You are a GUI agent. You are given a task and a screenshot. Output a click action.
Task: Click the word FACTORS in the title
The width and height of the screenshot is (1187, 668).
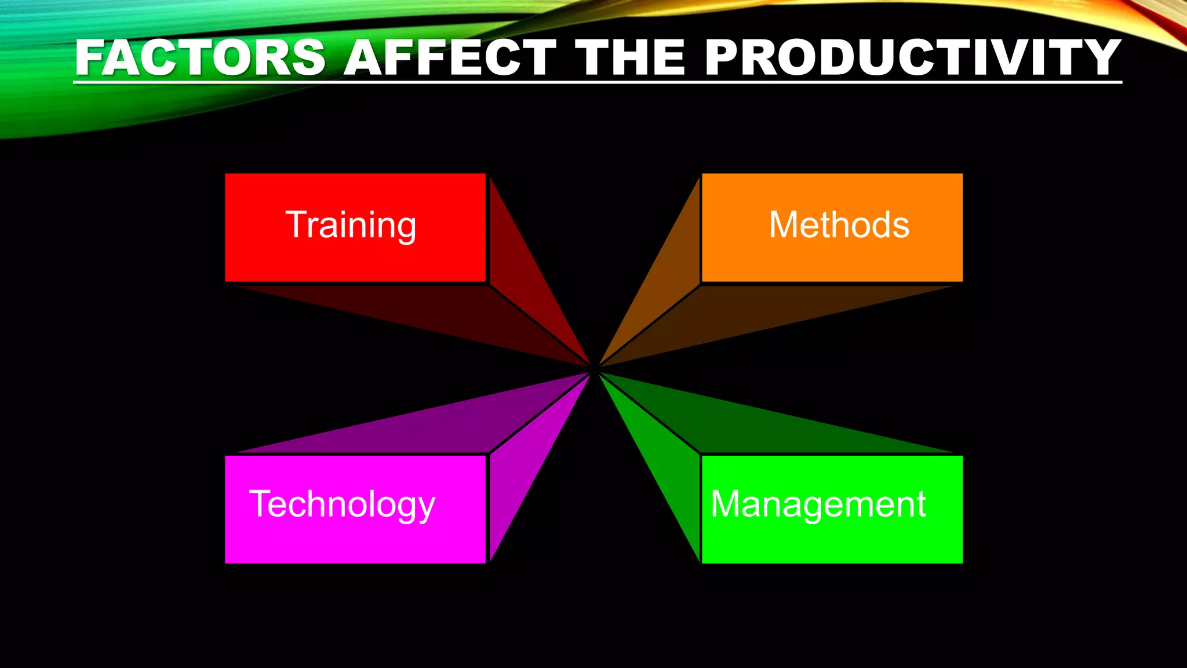pos(200,58)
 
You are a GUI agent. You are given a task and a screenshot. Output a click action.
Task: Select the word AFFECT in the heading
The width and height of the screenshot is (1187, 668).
pos(450,58)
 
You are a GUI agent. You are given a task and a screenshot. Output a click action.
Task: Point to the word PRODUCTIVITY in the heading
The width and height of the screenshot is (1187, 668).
pos(913,58)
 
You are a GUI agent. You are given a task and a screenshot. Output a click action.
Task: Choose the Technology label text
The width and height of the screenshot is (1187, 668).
pos(342,504)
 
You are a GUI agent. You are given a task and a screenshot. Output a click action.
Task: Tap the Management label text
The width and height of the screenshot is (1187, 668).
pos(818,504)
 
